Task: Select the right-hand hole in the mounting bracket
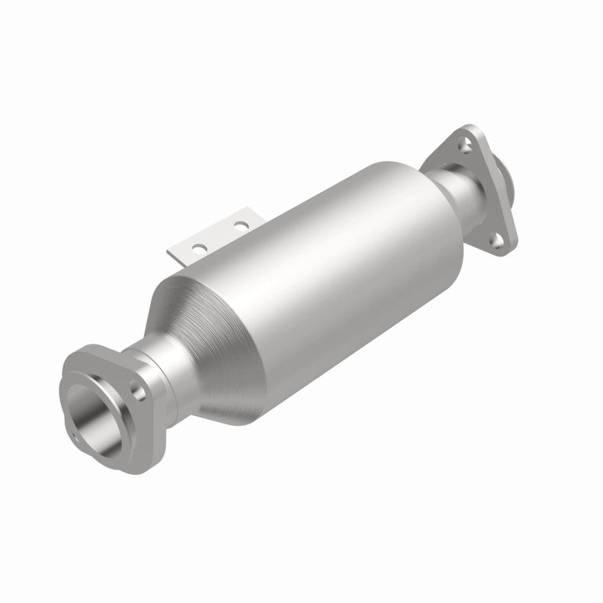(x=240, y=225)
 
